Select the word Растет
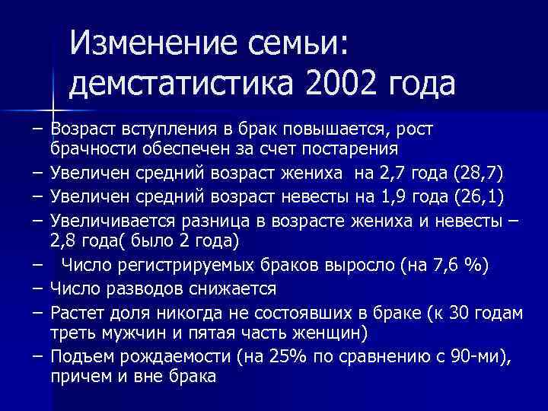point(75,311)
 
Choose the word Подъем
point(78,355)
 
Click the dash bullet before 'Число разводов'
point(37,289)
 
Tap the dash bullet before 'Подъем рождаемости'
point(37,355)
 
